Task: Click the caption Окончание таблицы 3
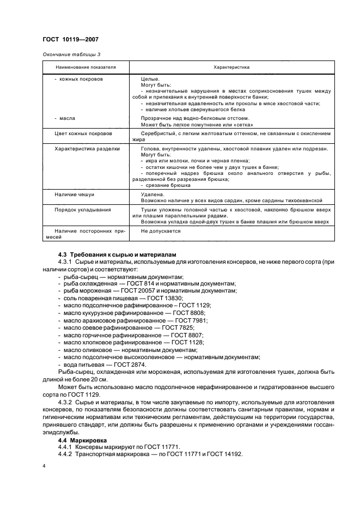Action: click(x=71, y=54)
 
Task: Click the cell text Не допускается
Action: click(x=161, y=230)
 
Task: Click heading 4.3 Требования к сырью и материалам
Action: click(x=117, y=256)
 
